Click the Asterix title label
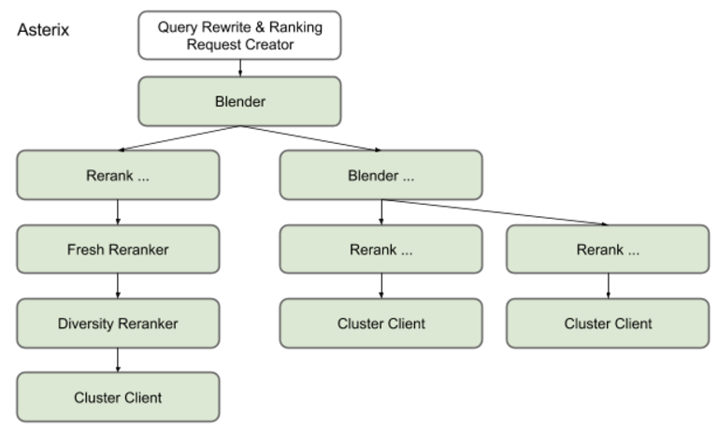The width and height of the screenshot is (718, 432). click(43, 31)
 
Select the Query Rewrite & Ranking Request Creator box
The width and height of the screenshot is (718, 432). click(239, 36)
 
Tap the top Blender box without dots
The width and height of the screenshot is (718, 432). click(239, 101)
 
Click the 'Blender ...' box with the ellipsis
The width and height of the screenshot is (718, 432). click(381, 175)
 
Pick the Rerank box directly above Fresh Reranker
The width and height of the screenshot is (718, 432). click(118, 175)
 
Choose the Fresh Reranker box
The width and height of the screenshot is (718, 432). click(118, 249)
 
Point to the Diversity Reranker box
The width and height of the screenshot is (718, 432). click(118, 324)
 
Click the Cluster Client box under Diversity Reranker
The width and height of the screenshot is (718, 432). click(118, 397)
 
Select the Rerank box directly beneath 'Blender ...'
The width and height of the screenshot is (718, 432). click(381, 249)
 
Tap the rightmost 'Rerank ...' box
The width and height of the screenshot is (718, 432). click(608, 249)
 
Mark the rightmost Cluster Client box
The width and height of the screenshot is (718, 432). click(608, 324)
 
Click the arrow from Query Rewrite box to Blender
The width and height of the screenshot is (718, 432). click(239, 68)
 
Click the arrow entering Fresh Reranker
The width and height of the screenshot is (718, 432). click(118, 212)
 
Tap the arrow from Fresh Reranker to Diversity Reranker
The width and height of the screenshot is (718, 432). click(118, 286)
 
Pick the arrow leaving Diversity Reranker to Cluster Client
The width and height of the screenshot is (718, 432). click(118, 360)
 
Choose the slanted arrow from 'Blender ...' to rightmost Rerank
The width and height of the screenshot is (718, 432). click(495, 211)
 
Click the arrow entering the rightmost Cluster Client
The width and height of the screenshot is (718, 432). click(608, 286)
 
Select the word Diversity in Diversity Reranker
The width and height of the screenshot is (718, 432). click(87, 324)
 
